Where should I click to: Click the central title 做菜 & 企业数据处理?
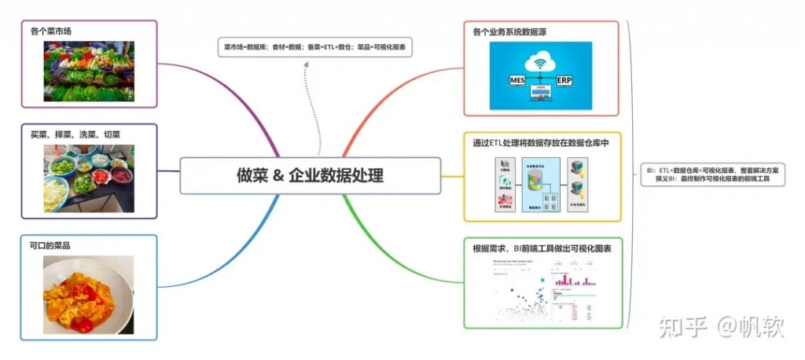310,175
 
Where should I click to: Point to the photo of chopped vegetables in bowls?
88,178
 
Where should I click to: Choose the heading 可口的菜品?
56,245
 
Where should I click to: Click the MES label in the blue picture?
516,80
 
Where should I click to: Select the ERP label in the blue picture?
564,80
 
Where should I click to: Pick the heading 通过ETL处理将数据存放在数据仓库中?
541,143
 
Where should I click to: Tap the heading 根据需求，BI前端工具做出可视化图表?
542,248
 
